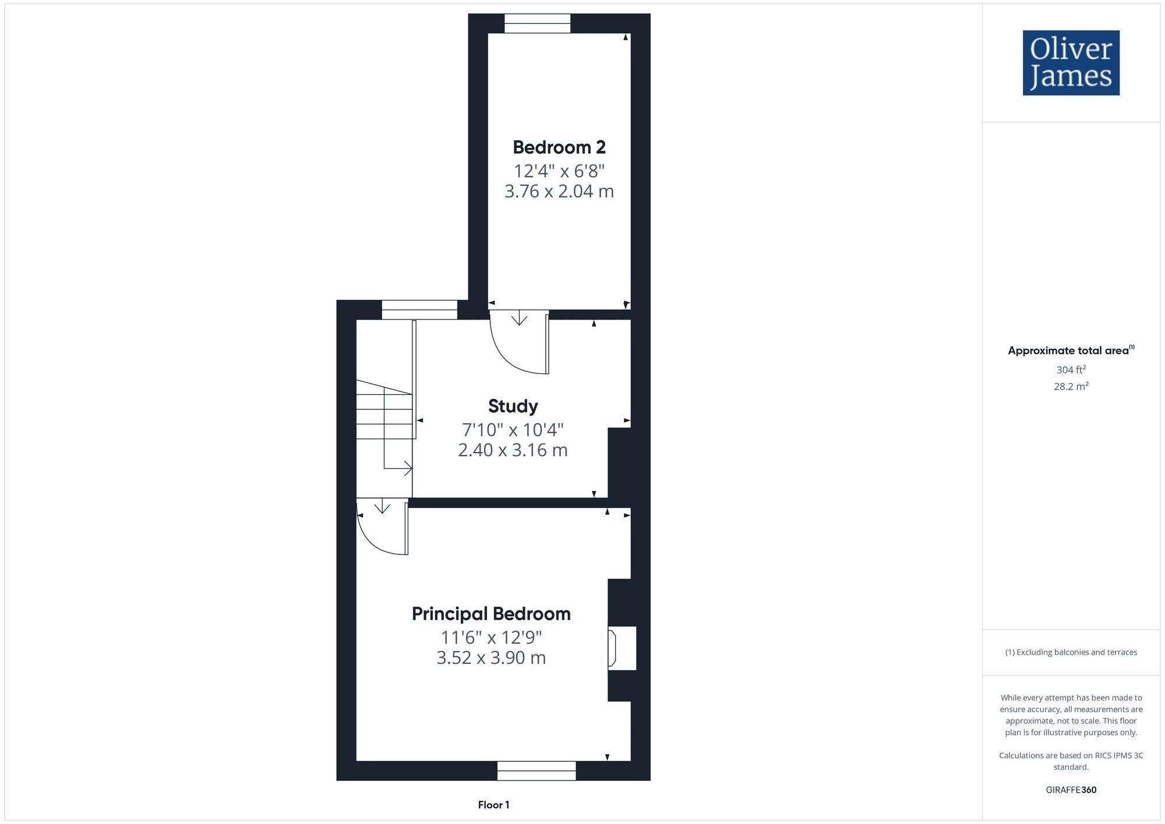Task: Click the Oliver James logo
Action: pyautogui.click(x=1071, y=63)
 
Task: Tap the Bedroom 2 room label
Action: pyautogui.click(x=559, y=147)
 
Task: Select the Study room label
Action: pyautogui.click(x=513, y=406)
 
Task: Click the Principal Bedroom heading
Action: pyautogui.click(x=491, y=614)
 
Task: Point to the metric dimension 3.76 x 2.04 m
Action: pyautogui.click(x=559, y=191)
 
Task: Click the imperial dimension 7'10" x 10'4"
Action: pyautogui.click(x=513, y=430)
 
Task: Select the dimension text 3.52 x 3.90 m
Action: pyautogui.click(x=491, y=657)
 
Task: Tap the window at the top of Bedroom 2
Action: pyautogui.click(x=537, y=24)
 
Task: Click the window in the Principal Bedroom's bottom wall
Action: pyautogui.click(x=536, y=770)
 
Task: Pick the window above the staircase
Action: pyautogui.click(x=419, y=310)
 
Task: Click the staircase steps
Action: pyautogui.click(x=384, y=411)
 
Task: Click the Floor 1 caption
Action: pyautogui.click(x=493, y=805)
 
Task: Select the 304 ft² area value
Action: pyautogui.click(x=1071, y=370)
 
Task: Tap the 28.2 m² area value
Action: pyautogui.click(x=1071, y=386)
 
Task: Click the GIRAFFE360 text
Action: pyautogui.click(x=1071, y=790)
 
